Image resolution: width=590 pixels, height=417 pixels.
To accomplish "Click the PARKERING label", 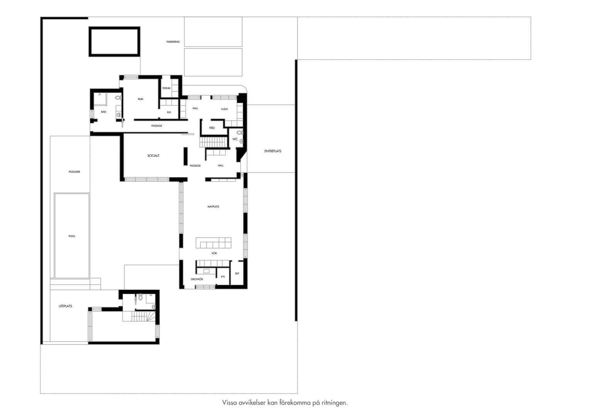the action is [173, 42].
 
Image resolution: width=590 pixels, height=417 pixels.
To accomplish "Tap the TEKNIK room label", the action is [166, 88].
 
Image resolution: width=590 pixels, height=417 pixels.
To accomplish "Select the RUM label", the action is [141, 99].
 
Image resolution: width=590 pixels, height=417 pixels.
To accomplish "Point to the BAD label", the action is [103, 112].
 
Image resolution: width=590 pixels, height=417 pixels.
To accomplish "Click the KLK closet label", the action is [169, 112].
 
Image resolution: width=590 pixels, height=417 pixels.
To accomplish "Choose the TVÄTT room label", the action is [224, 109].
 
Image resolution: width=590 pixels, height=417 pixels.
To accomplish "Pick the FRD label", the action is [212, 128].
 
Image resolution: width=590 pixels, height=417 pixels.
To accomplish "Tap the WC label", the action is [235, 139].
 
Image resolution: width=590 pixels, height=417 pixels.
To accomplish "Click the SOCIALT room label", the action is [153, 156].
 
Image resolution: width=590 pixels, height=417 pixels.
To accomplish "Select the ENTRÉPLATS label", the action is [273, 151].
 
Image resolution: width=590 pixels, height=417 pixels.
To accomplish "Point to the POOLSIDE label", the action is [74, 172].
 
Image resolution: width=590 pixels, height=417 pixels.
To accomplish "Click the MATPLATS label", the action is [213, 207].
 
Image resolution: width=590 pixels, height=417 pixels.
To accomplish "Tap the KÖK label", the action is [214, 253].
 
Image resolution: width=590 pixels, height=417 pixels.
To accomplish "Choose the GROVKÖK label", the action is [197, 279].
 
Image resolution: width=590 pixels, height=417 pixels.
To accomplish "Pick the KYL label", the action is [223, 276].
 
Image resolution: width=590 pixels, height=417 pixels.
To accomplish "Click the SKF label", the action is [237, 273].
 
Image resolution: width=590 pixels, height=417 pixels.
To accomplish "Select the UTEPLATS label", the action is [65, 306].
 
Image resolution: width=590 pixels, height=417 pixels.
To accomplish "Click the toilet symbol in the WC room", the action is [240, 132].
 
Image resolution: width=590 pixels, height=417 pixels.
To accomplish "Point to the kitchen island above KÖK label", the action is [214, 243].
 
